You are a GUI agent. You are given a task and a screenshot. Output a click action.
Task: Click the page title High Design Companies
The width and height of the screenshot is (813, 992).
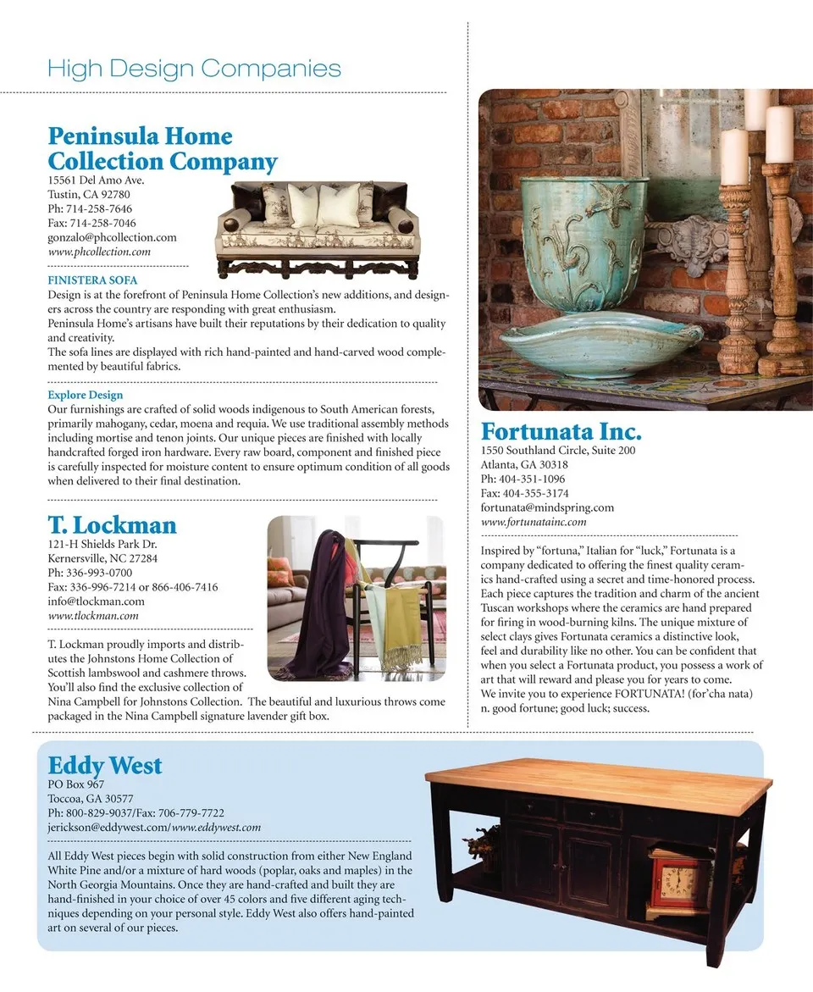tap(194, 69)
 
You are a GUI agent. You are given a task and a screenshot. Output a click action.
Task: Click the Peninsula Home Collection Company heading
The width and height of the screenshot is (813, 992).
tap(163, 149)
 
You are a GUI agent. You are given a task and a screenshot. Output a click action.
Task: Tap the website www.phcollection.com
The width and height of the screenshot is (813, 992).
tap(99, 252)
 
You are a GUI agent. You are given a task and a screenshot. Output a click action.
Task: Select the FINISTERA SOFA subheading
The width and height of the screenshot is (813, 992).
tap(92, 280)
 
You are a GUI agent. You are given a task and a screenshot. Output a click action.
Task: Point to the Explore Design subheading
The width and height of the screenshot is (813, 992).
tap(85, 395)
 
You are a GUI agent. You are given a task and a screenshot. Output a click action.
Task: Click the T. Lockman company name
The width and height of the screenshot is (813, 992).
tap(112, 525)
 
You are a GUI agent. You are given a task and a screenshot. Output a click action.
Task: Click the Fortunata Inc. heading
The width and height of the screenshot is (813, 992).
tap(561, 431)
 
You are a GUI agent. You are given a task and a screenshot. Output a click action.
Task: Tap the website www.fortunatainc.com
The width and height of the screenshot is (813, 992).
tap(534, 522)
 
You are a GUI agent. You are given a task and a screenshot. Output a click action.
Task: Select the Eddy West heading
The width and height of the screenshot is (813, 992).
tap(104, 766)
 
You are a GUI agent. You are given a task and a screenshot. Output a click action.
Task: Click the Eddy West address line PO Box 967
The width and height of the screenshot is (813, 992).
tap(76, 784)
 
